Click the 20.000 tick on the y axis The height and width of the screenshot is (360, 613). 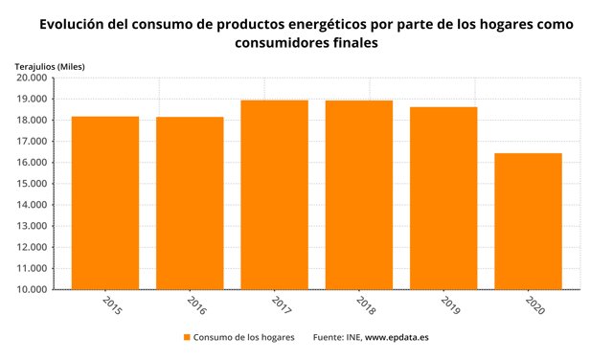[x=32, y=79]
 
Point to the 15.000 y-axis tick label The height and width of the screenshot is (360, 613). [x=32, y=184]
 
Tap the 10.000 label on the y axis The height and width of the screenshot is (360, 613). [x=32, y=289]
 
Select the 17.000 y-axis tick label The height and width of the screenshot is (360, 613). [x=32, y=142]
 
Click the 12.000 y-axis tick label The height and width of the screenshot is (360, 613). [x=32, y=247]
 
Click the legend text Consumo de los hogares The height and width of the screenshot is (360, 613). [x=243, y=338]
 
